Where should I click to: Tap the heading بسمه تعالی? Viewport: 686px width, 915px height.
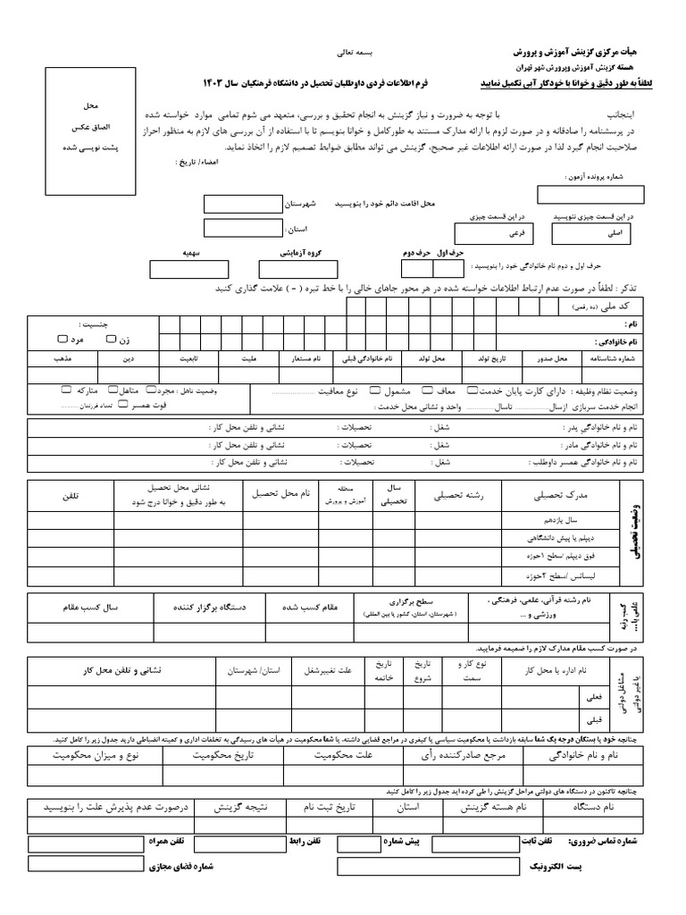350,53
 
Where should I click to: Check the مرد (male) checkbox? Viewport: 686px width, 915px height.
61,340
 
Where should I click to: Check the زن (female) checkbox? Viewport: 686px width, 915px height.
111,340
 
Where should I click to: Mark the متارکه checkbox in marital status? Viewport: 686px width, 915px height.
67,390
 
